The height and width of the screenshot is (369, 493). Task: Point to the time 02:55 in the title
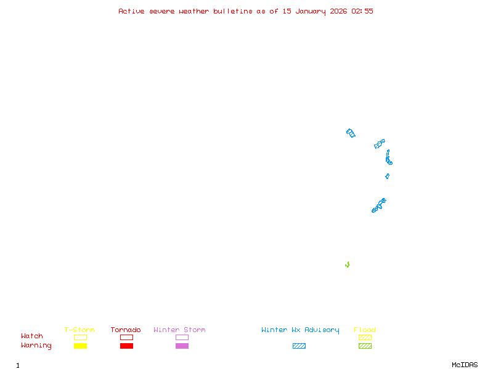(x=362, y=11)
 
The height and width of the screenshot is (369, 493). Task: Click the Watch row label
(x=32, y=336)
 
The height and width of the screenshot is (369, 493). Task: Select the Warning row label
(x=36, y=346)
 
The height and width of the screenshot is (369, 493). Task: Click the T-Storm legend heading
(x=79, y=330)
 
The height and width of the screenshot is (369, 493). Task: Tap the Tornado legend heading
(x=126, y=330)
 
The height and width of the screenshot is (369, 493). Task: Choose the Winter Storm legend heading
(x=179, y=330)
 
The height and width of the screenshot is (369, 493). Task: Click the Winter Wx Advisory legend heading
(x=300, y=330)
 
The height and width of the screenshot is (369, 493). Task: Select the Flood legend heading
(x=365, y=330)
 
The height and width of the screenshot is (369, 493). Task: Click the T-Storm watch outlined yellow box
(x=80, y=337)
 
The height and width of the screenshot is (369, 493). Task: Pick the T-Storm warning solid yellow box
(x=80, y=346)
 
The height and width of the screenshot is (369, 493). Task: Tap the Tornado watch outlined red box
(x=126, y=337)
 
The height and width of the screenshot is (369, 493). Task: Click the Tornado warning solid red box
(x=126, y=346)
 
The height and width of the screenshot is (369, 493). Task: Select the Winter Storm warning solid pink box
(x=182, y=346)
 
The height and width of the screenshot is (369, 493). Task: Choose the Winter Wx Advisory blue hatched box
(x=299, y=346)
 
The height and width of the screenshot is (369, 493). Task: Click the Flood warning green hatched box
(x=365, y=346)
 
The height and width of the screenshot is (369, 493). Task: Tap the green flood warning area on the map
(x=348, y=265)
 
